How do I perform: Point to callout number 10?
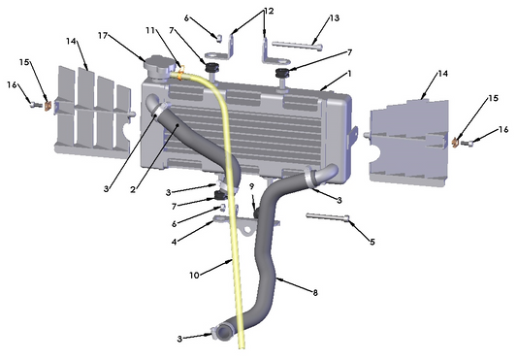pyautogui.click(x=195, y=275)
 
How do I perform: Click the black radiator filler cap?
pyautogui.click(x=157, y=65)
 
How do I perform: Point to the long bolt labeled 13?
pyautogui.click(x=295, y=44)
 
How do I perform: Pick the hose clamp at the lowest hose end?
pyautogui.click(x=223, y=335)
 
